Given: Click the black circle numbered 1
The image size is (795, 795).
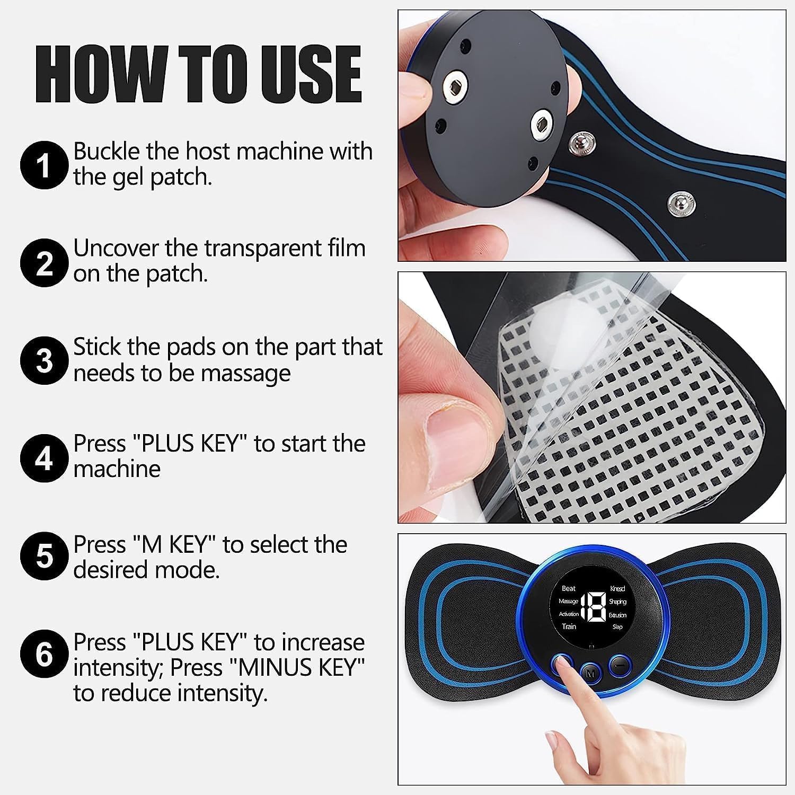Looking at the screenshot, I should coord(45,165).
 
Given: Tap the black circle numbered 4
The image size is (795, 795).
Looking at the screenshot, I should coord(45,458).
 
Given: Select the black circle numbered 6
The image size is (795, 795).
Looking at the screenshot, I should coord(45,655).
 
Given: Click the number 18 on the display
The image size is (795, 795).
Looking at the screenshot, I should coord(594,607).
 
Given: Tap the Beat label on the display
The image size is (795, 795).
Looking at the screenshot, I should coord(568,588).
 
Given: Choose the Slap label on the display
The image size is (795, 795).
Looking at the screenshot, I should coord(617,627).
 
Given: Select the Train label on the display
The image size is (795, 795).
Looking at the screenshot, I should coord(569,626).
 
